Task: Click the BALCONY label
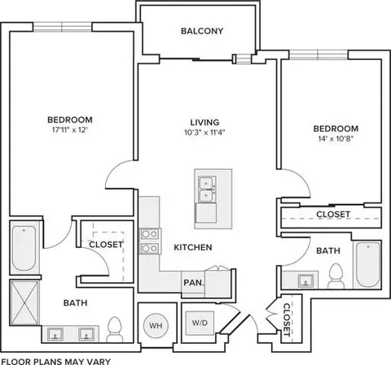[x=202, y=31]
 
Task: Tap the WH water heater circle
[x=156, y=325]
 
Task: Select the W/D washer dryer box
[x=200, y=323]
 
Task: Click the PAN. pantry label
[x=194, y=283]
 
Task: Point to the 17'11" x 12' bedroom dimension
[x=70, y=130]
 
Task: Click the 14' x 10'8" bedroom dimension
[x=336, y=139]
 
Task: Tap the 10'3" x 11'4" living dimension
[x=204, y=133]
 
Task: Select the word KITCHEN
[x=193, y=247]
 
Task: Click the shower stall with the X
[x=24, y=302]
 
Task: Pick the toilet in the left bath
[x=114, y=329]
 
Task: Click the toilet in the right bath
[x=336, y=276]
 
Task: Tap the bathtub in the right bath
[x=368, y=264]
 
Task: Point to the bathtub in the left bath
[x=24, y=249]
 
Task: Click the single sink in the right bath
[x=305, y=280]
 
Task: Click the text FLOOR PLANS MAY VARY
[x=56, y=361]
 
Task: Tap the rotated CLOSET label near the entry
[x=287, y=319]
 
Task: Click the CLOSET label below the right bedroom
[x=333, y=215]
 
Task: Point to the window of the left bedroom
[x=63, y=27]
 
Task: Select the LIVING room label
[x=204, y=123]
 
